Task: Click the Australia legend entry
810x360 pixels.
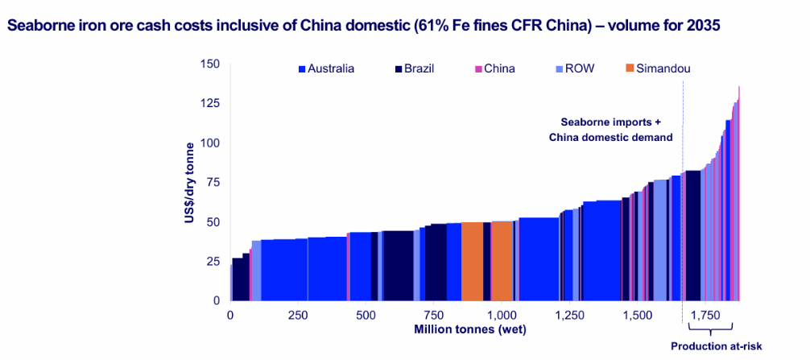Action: pos(326,68)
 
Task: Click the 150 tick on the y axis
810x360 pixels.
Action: pos(209,64)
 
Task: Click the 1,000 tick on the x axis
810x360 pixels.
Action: pos(502,316)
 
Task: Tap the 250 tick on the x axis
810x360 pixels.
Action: pos(298,316)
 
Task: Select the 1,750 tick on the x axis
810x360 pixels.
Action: pos(705,316)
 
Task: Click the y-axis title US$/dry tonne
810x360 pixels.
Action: pos(190,183)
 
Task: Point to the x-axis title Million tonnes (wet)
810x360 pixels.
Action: pos(468,329)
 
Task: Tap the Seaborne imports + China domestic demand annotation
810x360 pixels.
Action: pos(610,130)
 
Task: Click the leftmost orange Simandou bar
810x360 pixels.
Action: pos(472,261)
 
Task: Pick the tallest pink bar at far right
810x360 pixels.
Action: pos(738,193)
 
